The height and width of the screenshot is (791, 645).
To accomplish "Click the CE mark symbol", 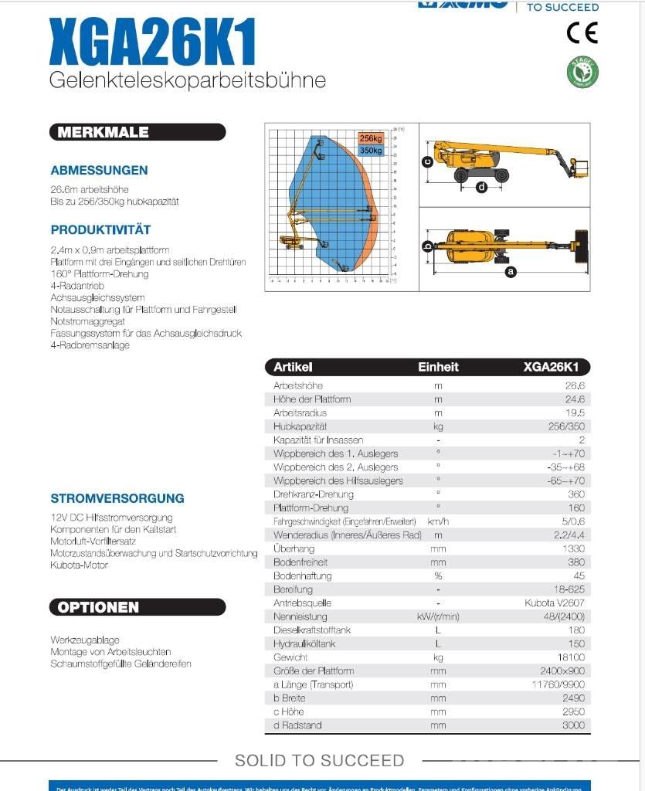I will point(582,32).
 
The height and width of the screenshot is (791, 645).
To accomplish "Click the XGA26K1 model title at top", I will point(152,44).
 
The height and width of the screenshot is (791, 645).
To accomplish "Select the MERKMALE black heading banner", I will point(100,132).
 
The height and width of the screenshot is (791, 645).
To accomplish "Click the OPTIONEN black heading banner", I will point(99,607).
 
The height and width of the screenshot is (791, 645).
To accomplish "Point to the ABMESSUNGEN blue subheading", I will point(99,171).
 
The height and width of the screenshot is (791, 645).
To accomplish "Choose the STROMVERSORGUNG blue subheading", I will point(117,498).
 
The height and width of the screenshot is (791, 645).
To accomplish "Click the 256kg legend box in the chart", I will point(370,138).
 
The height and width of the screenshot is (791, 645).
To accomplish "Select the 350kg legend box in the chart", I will point(370,150).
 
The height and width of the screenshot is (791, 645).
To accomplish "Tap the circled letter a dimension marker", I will point(510,271).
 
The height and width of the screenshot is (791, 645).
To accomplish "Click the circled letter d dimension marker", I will point(482,186).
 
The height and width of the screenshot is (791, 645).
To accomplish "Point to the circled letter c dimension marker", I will point(426,161).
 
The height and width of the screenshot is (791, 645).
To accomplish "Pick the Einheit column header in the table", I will point(438,368).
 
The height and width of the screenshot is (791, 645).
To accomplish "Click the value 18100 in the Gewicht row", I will point(570,657).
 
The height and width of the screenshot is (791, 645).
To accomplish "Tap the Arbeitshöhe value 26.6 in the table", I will point(575,385).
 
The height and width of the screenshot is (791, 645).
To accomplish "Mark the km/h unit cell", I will point(438,521).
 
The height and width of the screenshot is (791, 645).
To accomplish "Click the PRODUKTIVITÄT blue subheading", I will point(100,230).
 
